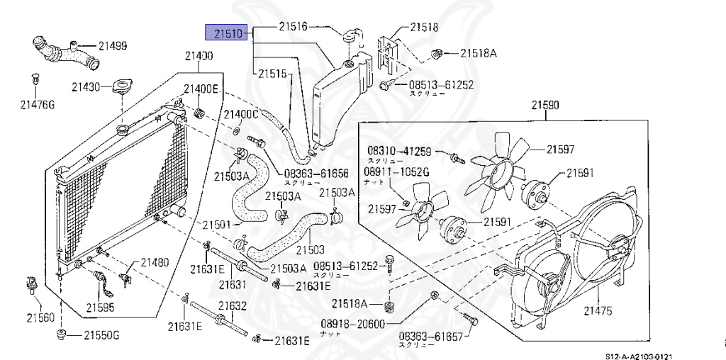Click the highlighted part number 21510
[225, 33]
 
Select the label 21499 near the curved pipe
[113, 46]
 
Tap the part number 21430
[85, 87]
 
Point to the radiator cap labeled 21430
[121, 87]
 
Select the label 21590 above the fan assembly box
[545, 106]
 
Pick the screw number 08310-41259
[398, 151]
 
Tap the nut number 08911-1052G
[397, 171]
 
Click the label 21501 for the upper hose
[217, 225]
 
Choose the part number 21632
[232, 305]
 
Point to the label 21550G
[101, 334]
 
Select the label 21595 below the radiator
[100, 308]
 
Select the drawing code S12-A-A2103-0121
[637, 354]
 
